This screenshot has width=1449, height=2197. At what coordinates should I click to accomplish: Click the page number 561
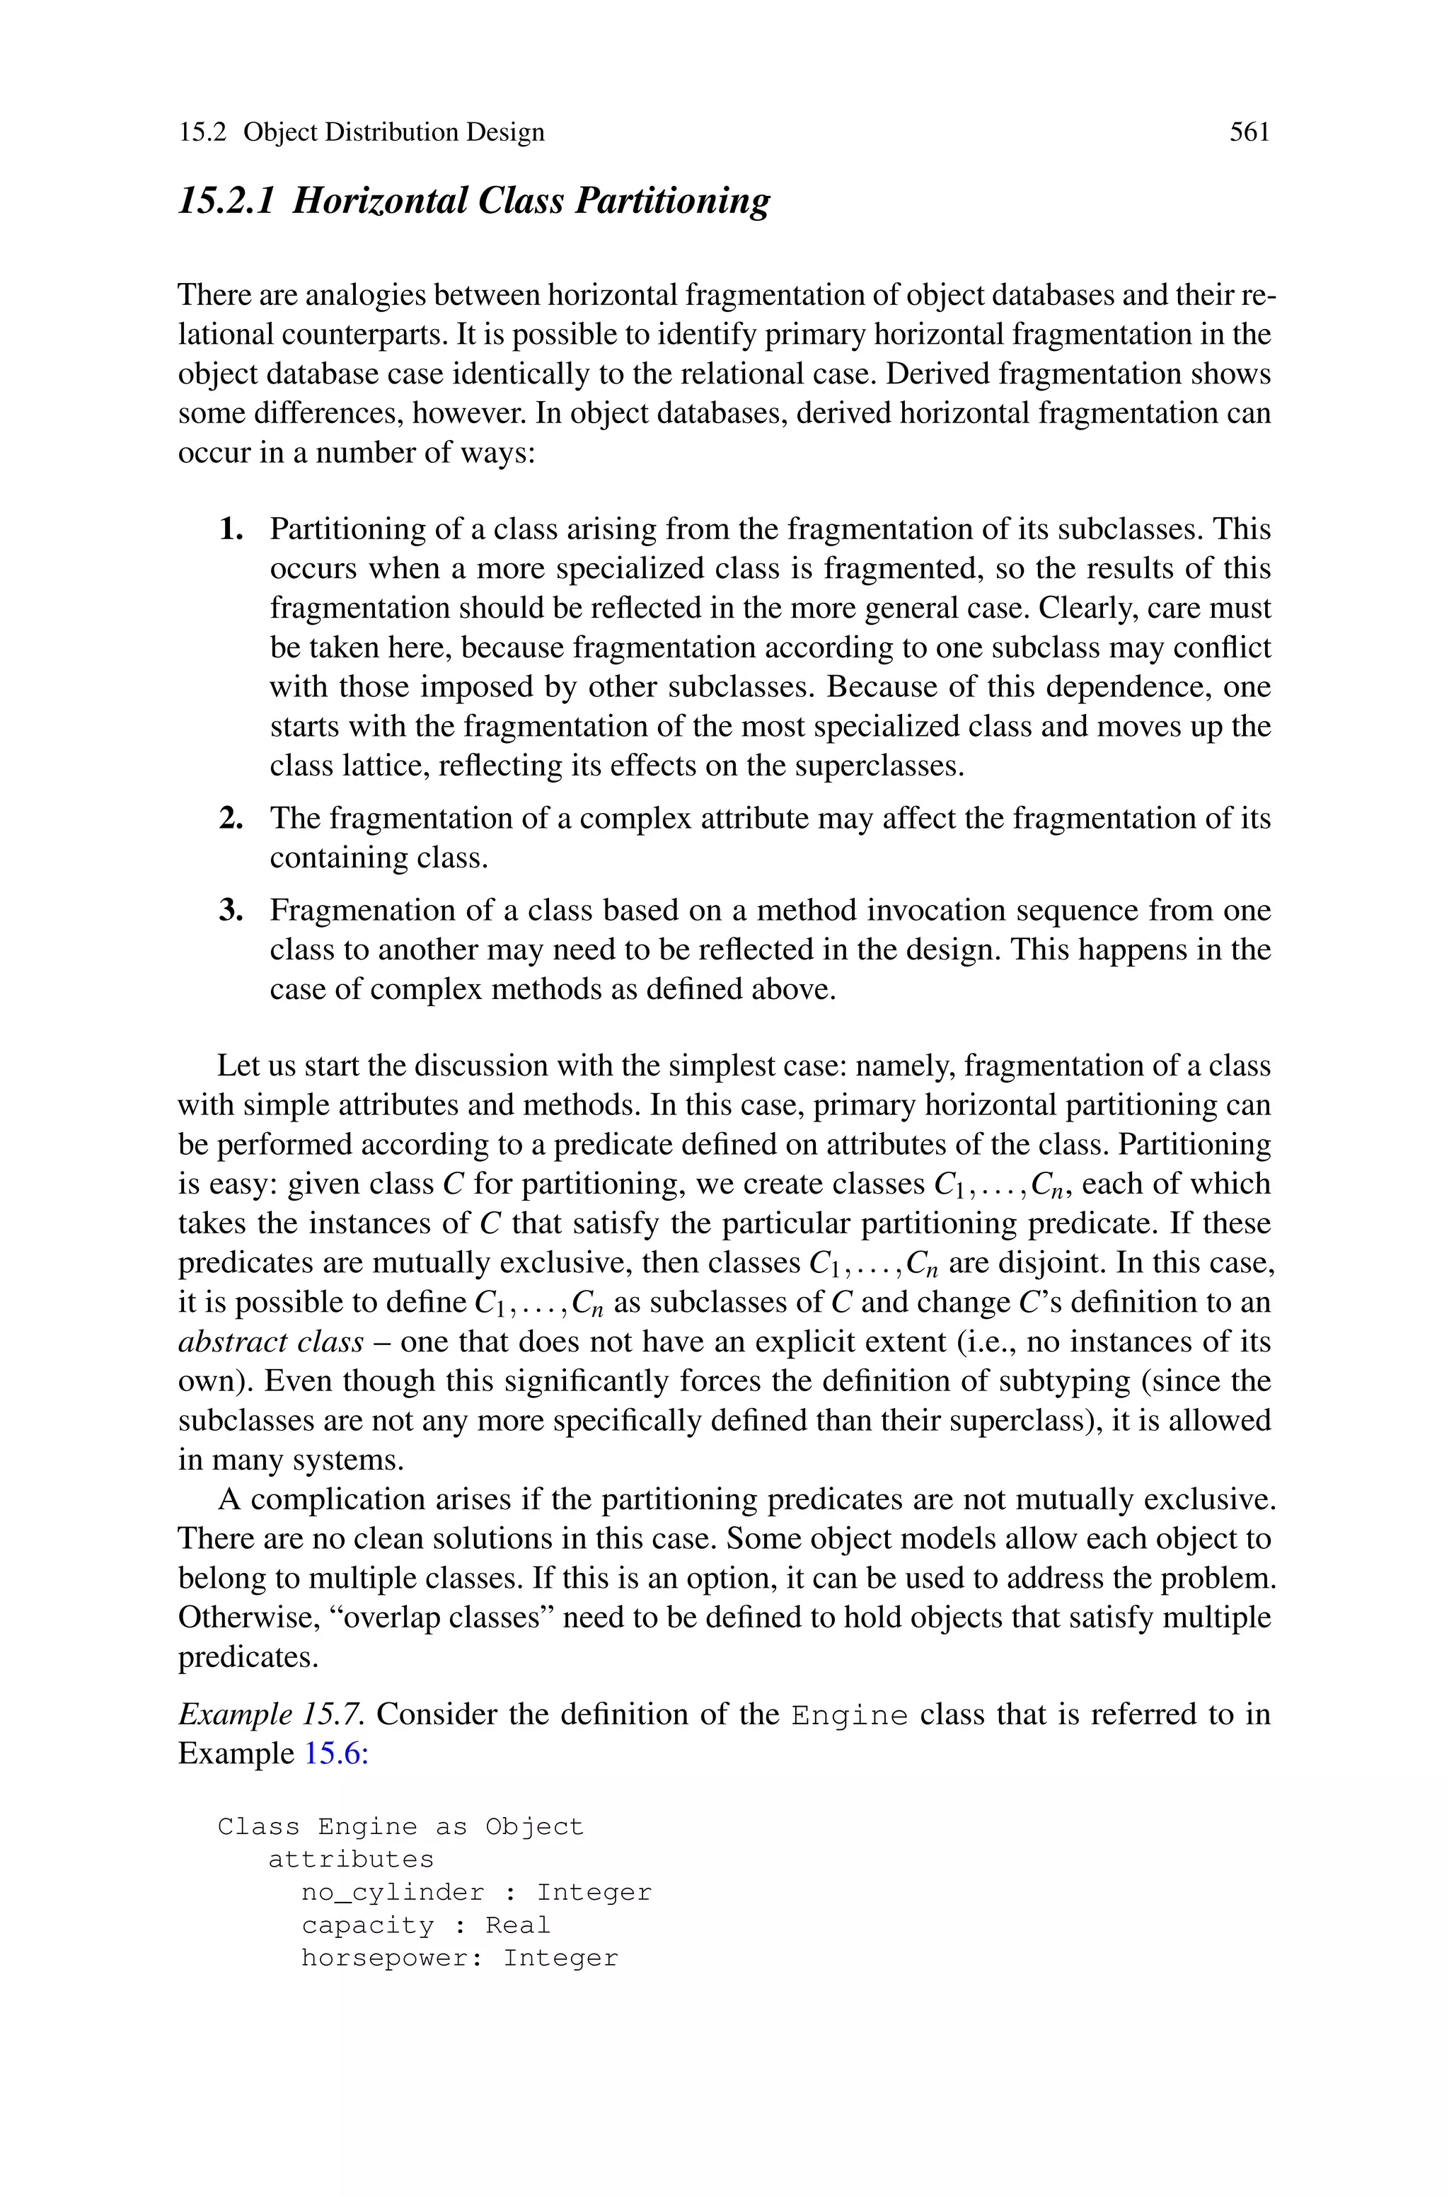point(1249,132)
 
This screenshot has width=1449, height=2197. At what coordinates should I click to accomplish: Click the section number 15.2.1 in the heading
point(226,200)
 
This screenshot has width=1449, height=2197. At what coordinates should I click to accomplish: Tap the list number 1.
point(231,529)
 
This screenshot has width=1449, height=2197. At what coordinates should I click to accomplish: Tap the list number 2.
point(231,819)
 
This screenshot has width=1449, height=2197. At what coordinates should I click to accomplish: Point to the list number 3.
point(231,911)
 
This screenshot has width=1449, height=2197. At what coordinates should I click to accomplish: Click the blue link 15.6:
point(336,1753)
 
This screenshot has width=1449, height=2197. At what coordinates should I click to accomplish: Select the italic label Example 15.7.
point(272,1714)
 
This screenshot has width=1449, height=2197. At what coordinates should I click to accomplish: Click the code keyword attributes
point(350,1859)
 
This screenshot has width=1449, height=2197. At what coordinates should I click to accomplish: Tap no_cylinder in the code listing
point(393,1893)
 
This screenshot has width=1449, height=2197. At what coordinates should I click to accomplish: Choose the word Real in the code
point(517,1925)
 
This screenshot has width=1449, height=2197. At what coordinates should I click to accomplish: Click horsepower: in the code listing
point(392,1959)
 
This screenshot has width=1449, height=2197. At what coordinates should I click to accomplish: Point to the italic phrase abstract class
point(271,1342)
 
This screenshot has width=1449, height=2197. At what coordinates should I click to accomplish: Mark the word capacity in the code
point(368,1925)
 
